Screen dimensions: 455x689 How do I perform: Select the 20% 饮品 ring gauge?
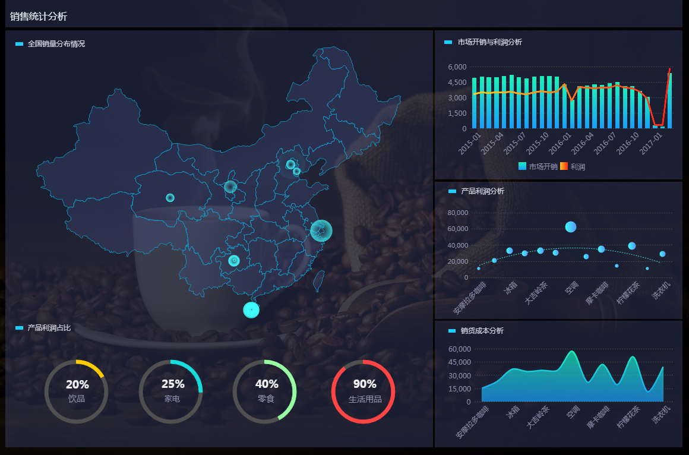pyautogui.click(x=76, y=391)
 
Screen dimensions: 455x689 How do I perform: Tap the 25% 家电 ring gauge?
pyautogui.click(x=171, y=391)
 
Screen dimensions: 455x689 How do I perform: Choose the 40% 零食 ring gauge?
pyautogui.click(x=266, y=391)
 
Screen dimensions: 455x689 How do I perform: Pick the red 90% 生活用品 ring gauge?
pyautogui.click(x=364, y=391)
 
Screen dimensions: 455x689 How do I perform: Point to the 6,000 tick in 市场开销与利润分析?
pyautogui.click(x=457, y=67)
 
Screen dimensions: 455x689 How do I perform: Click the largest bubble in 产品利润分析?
pyautogui.click(x=571, y=226)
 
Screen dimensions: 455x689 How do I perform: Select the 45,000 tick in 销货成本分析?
pyautogui.click(x=459, y=362)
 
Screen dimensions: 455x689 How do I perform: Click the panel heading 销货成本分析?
pyautogui.click(x=482, y=331)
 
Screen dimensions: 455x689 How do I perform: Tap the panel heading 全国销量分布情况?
pyautogui.click(x=56, y=44)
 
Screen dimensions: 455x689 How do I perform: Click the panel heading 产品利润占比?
pyautogui.click(x=49, y=328)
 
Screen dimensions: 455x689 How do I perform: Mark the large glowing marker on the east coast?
pyautogui.click(x=321, y=230)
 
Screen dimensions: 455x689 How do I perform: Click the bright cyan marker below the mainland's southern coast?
pyautogui.click(x=251, y=309)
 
